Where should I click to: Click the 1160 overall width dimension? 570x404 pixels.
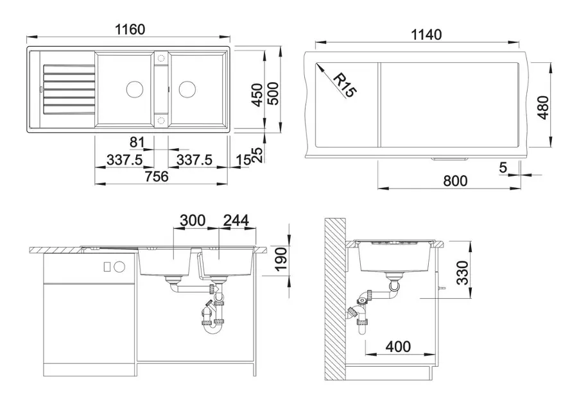pos(130,29)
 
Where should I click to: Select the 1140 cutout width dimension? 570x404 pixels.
pos(426,35)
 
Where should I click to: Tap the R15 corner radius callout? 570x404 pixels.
pos(343,85)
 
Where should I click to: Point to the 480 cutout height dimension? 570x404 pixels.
pos(543,107)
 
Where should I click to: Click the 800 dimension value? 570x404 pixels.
pos(455,181)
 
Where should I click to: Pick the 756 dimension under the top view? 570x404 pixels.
pos(157,176)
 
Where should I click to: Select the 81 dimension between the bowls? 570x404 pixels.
pos(137,142)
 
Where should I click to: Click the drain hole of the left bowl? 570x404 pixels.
pos(135,88)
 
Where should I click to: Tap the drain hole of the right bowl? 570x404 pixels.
pos(187,88)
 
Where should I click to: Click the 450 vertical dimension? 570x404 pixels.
pos(257,95)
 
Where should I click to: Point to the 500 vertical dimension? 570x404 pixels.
pos(273,94)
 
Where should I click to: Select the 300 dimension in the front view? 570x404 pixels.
pos(193,221)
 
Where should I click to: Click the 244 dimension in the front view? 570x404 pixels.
pos(236,221)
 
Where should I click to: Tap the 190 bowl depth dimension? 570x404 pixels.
pos(281,259)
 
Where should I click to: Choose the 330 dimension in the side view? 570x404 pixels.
pos(462,273)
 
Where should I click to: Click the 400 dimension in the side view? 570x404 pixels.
pos(399,346)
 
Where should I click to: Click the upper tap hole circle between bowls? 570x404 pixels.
pos(160,58)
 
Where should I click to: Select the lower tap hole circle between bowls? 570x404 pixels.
pos(160,121)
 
